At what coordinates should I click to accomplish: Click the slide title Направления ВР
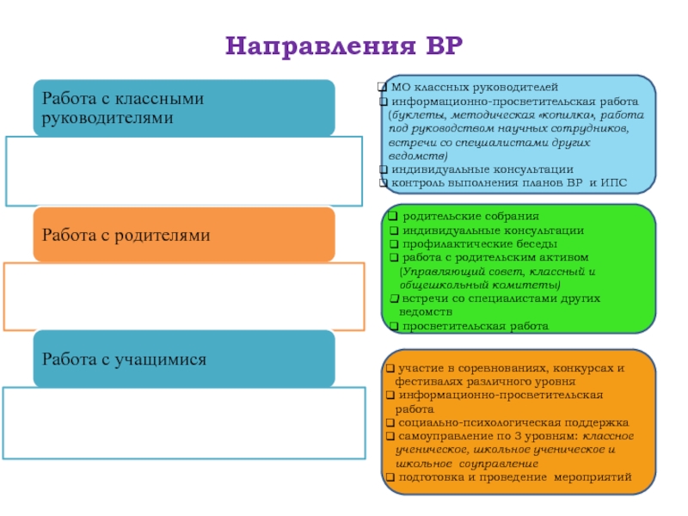click(x=344, y=45)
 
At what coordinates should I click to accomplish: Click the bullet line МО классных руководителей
click(x=474, y=87)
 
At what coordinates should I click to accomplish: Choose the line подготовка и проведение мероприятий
click(x=515, y=476)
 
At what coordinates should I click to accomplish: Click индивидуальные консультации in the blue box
click(x=482, y=169)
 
